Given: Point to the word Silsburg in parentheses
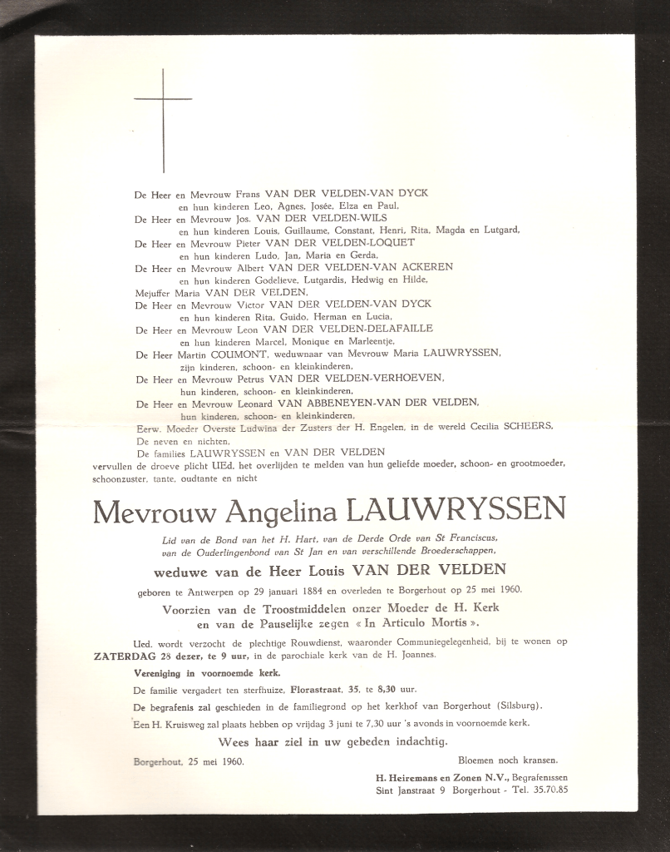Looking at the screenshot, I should point(513,706).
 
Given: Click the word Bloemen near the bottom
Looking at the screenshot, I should point(482,759).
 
